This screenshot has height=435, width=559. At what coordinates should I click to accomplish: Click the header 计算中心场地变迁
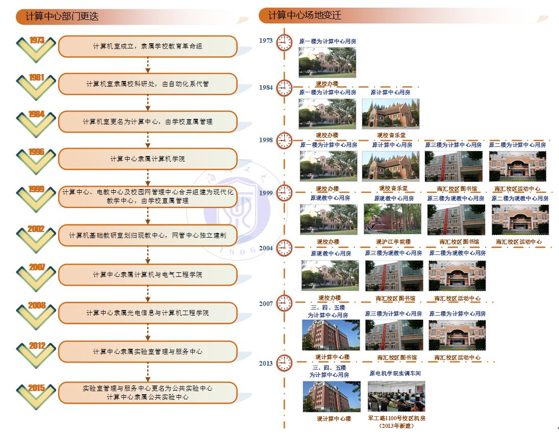coord(305,16)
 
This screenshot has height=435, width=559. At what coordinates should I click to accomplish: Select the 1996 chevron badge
coord(36,159)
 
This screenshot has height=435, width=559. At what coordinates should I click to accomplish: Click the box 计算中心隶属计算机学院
coord(147,159)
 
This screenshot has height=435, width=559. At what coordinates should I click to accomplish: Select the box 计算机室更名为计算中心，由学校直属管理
coord(147,122)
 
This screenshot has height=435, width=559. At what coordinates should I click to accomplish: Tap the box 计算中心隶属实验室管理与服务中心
coord(147,352)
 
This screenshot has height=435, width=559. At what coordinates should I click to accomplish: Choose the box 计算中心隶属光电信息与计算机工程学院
coord(147,313)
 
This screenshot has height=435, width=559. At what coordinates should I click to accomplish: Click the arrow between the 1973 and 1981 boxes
coord(147,65)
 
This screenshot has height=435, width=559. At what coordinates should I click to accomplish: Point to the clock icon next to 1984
coord(284,88)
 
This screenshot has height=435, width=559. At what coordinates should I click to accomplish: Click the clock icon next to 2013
coord(284,363)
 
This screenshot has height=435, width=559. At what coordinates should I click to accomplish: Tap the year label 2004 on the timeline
coord(266,248)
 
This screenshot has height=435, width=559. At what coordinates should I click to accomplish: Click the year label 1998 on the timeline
coord(266,140)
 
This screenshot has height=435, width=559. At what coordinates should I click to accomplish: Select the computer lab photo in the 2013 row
coord(396,396)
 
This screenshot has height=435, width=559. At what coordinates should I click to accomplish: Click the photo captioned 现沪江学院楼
coord(392,219)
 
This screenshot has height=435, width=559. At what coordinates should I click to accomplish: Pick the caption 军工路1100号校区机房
coord(396,419)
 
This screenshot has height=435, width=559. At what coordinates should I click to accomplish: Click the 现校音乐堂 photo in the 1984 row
coord(391,113)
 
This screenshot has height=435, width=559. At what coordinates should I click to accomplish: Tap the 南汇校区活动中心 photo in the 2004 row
coord(457,276)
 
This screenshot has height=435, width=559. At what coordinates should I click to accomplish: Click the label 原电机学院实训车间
coord(395,374)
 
